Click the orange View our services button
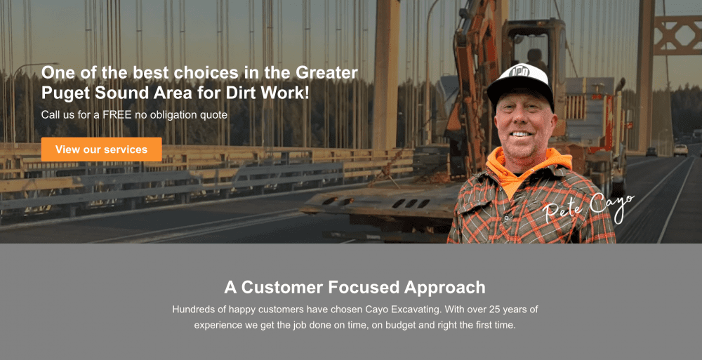pos(101,149)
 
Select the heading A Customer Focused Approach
pos(355,287)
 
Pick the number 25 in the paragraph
pos(488,309)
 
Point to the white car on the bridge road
pos(680,150)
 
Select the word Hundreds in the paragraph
pos(194,309)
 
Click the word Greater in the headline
pos(326,72)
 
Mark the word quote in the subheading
pos(213,114)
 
